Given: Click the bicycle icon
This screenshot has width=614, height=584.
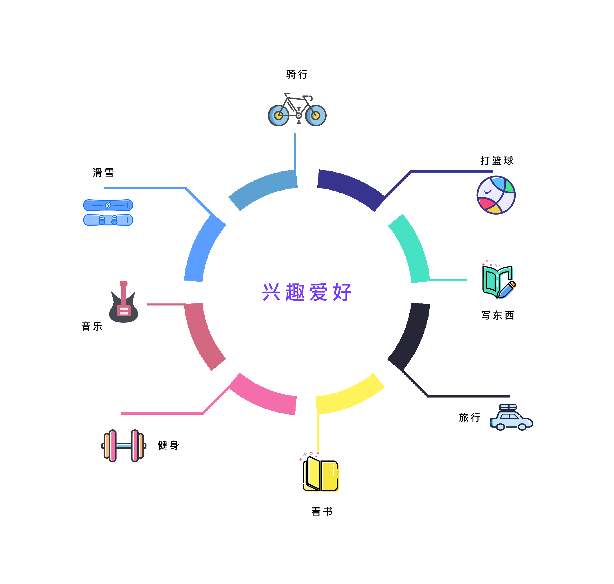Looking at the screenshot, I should click(x=297, y=110).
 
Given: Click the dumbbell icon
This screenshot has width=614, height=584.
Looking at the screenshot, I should click(x=124, y=446).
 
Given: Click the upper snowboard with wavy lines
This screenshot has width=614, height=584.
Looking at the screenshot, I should click(x=108, y=205).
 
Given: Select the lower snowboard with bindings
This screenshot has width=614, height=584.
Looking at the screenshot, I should click(x=108, y=220).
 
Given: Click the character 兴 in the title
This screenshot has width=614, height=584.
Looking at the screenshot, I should click(x=271, y=292).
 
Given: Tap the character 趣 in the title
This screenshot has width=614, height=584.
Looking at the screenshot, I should click(x=295, y=292).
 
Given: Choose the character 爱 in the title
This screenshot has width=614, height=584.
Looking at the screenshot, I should click(x=318, y=292).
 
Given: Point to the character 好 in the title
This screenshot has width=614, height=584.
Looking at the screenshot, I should click(x=342, y=292).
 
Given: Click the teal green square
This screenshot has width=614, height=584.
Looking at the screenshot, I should click(x=427, y=248).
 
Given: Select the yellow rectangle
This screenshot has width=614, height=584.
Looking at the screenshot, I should click(x=350, y=412).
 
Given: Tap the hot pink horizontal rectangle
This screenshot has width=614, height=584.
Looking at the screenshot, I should click(x=209, y=393).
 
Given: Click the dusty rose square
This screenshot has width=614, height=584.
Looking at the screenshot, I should click(x=186, y=337).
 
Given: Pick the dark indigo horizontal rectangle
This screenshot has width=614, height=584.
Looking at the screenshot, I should click(x=399, y=190).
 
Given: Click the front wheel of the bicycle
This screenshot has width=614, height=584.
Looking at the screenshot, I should click(x=316, y=116).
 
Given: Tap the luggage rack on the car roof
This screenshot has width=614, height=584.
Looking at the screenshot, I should click(x=508, y=407).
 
